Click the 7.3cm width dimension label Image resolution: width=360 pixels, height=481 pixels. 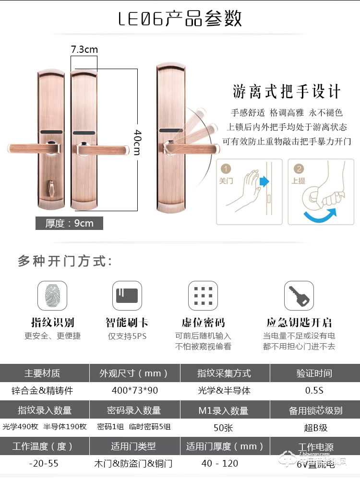pyautogui.click(x=84, y=49)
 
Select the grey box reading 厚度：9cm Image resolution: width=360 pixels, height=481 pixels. pyautogui.click(x=69, y=223)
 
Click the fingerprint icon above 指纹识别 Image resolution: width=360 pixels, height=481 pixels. pyautogui.click(x=52, y=296)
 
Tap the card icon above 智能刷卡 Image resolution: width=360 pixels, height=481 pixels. pyautogui.click(x=127, y=296)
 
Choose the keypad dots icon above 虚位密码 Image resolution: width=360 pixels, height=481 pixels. pyautogui.click(x=203, y=296)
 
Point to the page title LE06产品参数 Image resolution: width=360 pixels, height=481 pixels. pyautogui.click(x=180, y=19)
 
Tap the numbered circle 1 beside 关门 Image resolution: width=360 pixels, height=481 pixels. pyautogui.click(x=226, y=168)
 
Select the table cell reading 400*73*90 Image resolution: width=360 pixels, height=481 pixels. pyautogui.click(x=135, y=390)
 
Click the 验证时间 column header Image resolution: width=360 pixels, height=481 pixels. pyautogui.click(x=314, y=373)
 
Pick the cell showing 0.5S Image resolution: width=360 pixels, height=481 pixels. pyautogui.click(x=314, y=390)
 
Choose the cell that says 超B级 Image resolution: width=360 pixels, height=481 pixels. pyautogui.click(x=314, y=427)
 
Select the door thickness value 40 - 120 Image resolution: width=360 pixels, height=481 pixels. pyautogui.click(x=225, y=464)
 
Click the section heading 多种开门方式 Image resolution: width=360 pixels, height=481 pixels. pyautogui.click(x=65, y=262)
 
